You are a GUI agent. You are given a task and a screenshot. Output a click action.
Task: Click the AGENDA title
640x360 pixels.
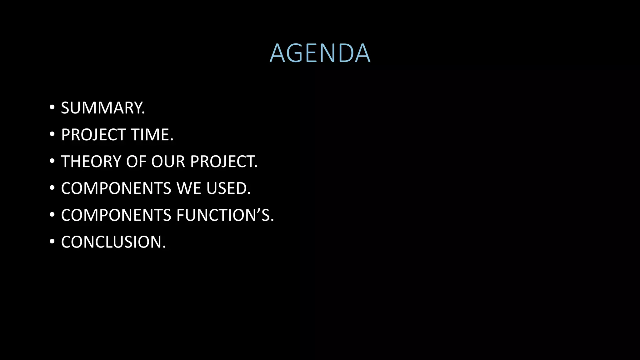point(320,53)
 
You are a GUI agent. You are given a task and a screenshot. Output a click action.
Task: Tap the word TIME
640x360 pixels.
point(152,135)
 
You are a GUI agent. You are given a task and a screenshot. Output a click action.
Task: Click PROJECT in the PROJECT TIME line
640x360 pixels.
point(93,135)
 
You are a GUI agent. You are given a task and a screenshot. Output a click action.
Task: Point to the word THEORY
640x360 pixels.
point(91,162)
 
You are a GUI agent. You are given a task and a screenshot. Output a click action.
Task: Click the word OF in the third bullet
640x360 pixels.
point(136,162)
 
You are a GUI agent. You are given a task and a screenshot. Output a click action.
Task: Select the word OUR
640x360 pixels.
point(168,162)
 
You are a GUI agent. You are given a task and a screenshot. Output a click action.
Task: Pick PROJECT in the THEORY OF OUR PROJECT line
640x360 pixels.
point(224,162)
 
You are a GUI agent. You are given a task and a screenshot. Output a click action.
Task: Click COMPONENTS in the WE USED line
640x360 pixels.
point(116,188)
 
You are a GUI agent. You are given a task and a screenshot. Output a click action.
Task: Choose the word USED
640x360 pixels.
point(228,188)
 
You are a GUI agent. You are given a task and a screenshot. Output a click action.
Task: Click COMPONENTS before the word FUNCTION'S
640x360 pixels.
point(116,215)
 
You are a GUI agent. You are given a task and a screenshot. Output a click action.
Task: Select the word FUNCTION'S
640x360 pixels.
point(225,215)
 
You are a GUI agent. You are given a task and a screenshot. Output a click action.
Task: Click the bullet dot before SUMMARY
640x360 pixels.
point(52,107)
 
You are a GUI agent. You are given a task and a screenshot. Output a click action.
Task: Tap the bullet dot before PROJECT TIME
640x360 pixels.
point(52,134)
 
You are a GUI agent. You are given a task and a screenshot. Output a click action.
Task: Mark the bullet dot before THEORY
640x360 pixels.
point(52,161)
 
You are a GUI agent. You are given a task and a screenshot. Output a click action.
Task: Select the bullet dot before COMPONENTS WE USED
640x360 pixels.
point(52,188)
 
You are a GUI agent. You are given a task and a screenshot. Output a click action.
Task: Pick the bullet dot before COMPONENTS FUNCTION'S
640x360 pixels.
point(52,215)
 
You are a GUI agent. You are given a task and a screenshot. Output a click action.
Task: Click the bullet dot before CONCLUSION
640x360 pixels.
point(52,242)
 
